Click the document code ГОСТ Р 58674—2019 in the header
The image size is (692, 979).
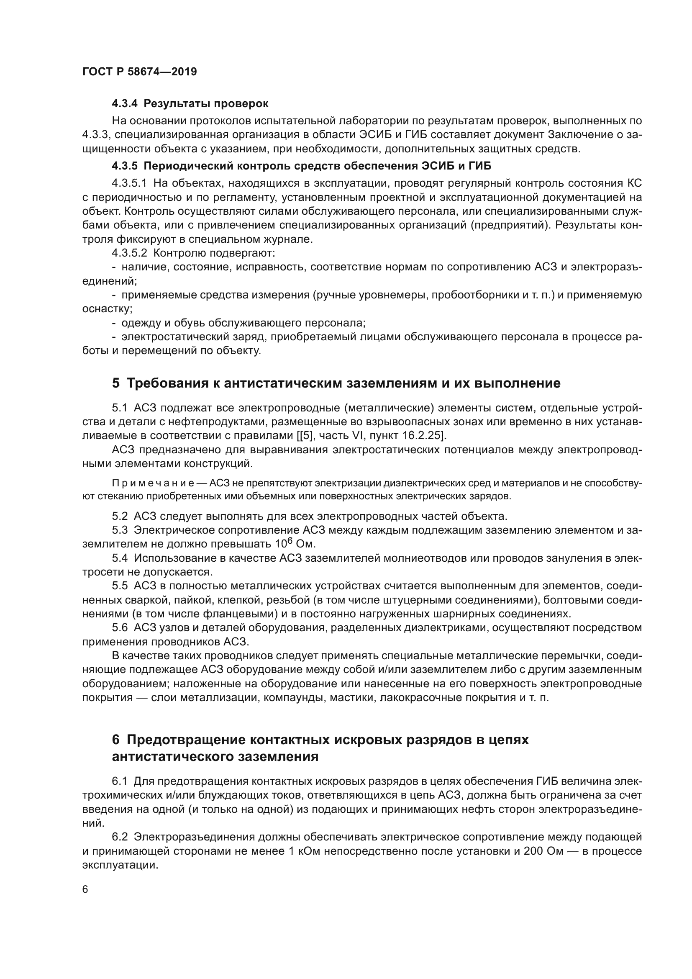pos(139,72)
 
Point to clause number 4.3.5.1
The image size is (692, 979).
pos(129,184)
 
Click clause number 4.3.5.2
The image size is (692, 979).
pos(129,253)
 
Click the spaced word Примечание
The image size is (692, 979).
pos(153,483)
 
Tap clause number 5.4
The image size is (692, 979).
pos(120,558)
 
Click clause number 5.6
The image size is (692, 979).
pos(120,628)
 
